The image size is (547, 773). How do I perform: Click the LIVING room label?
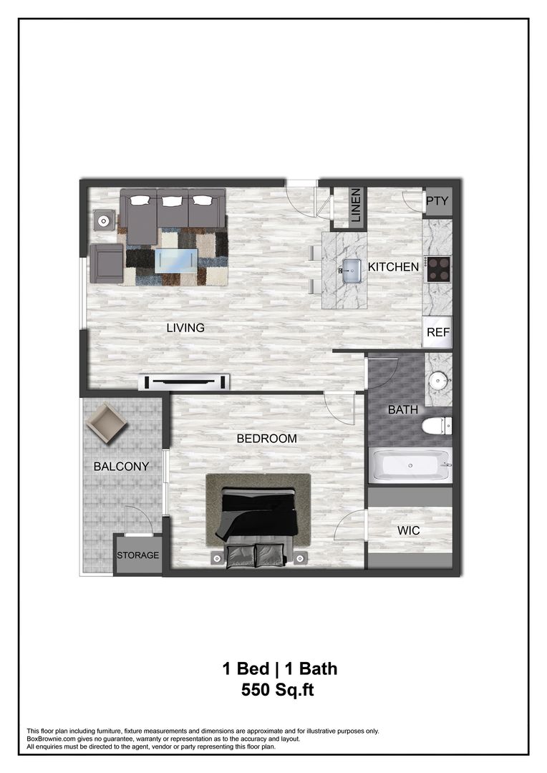click(x=185, y=328)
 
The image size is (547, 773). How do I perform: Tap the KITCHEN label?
click(x=393, y=267)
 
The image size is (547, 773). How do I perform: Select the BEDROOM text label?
click(x=266, y=438)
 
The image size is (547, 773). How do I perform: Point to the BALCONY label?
click(x=121, y=466)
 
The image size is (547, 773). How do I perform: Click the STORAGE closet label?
click(x=138, y=555)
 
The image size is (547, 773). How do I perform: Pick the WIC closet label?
click(x=408, y=530)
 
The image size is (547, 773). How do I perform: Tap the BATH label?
click(x=403, y=410)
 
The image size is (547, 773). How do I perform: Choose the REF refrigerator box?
click(x=437, y=332)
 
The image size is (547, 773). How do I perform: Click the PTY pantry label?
click(x=437, y=201)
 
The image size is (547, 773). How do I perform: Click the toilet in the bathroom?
click(x=437, y=426)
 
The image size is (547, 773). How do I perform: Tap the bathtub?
click(x=410, y=466)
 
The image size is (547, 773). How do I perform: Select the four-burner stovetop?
click(x=437, y=269)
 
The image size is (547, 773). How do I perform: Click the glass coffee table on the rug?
click(x=176, y=259)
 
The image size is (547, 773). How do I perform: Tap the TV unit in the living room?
click(x=185, y=381)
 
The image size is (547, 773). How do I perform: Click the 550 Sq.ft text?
click(x=278, y=691)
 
